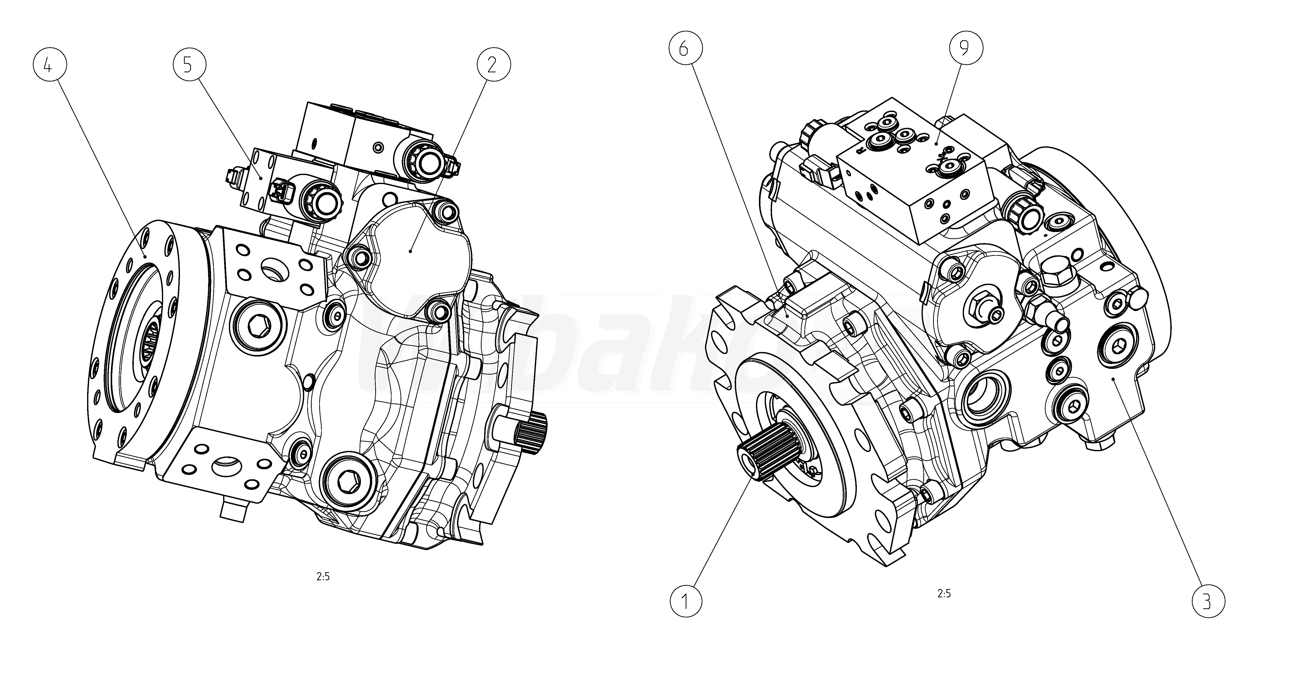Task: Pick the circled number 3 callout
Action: click(1207, 601)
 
